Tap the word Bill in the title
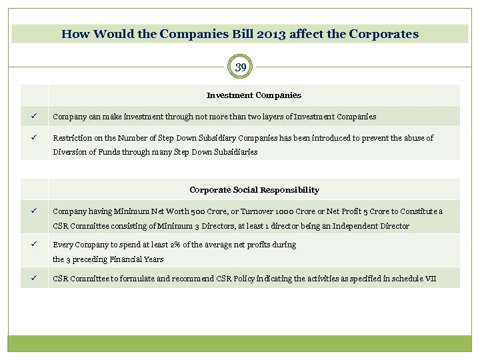coord(247,33)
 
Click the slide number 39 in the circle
coord(241,67)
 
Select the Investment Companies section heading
coord(254,95)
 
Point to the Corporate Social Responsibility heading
coord(254,190)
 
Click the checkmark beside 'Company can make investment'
coord(31,116)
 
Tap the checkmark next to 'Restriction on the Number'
coord(31,137)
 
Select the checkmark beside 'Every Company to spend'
coord(31,244)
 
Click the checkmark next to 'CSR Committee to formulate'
coord(31,277)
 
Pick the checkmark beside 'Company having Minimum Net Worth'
coord(31,211)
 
